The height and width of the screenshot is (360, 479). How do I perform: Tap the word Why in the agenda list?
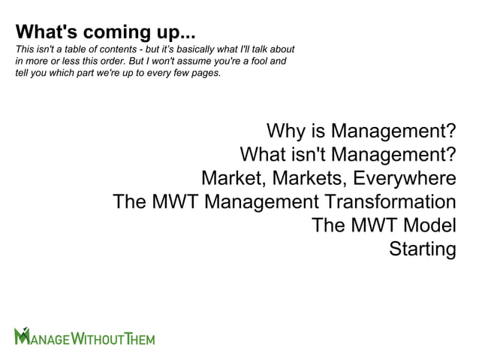286,132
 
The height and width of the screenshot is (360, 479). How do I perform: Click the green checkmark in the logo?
22,331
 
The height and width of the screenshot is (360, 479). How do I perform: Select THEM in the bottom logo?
140,339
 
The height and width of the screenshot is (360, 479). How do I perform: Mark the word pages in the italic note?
206,73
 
